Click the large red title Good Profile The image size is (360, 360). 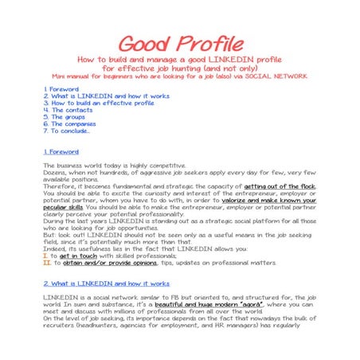coord(180,44)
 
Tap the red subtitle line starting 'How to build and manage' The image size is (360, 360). coord(180,60)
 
